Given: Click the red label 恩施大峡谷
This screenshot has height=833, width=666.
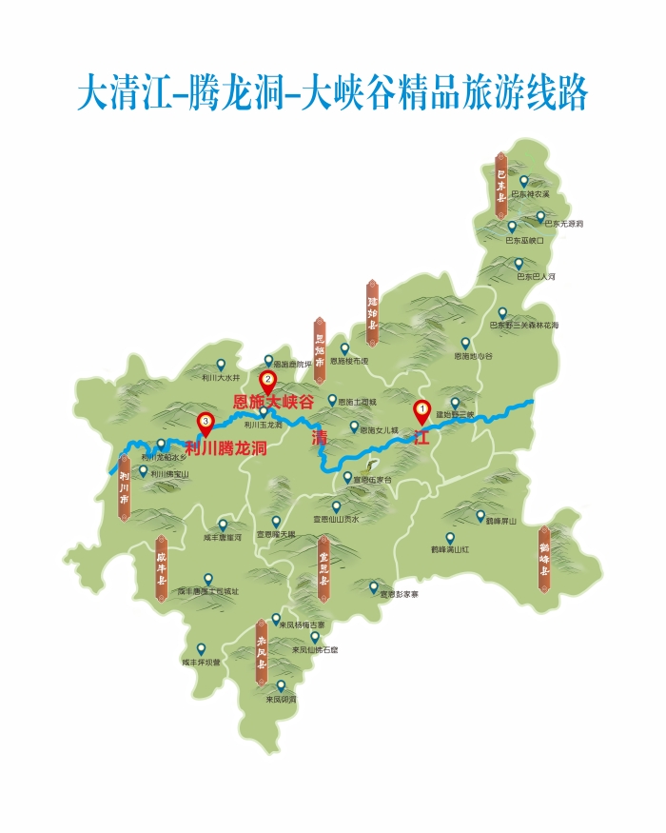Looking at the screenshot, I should tap(274, 403).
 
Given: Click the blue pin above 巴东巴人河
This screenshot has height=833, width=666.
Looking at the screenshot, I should tap(519, 264).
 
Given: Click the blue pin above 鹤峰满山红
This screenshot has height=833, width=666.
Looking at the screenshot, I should tap(451, 537).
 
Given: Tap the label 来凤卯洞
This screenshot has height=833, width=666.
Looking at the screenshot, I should tap(281, 699).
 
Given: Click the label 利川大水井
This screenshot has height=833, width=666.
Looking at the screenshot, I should tap(221, 377).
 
